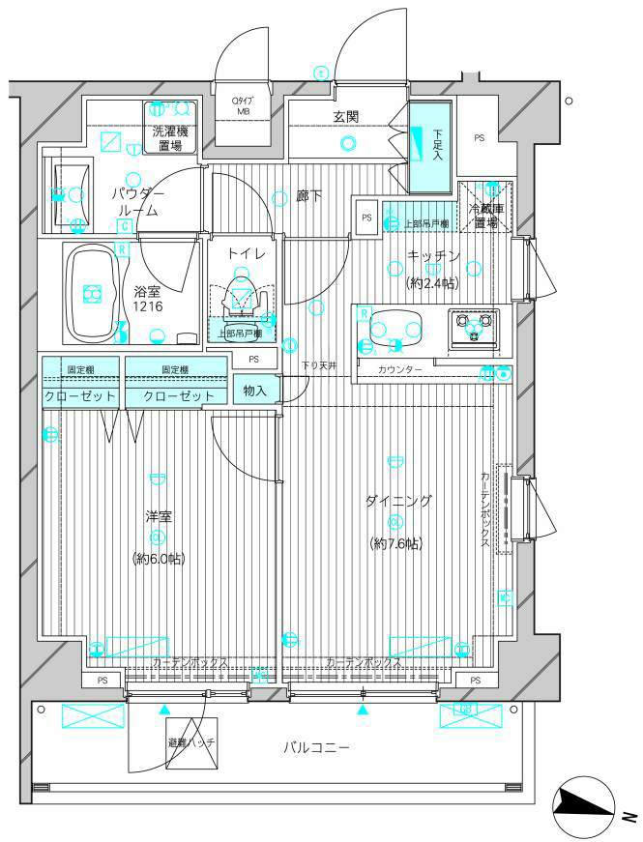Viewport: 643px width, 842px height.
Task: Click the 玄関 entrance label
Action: [346, 117]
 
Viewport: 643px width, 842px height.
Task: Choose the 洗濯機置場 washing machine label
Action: [170, 136]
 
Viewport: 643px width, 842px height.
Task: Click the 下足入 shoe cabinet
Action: [428, 147]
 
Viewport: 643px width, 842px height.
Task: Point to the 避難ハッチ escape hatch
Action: [191, 741]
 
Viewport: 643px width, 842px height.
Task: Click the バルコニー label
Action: [316, 747]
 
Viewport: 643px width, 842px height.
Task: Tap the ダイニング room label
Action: [398, 501]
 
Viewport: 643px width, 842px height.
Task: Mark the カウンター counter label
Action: [400, 370]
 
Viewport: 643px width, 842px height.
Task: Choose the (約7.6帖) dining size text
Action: [398, 543]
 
